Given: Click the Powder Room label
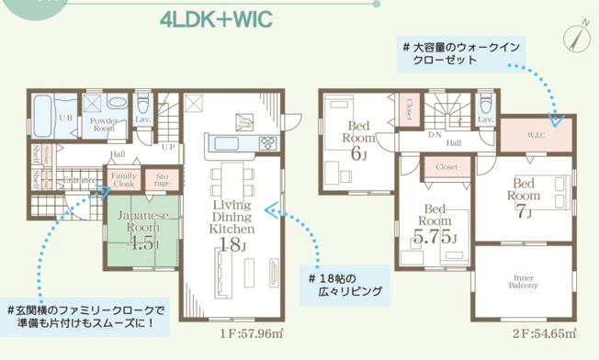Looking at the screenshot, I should pos(102,124).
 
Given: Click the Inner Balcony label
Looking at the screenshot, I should pos(524,281).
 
